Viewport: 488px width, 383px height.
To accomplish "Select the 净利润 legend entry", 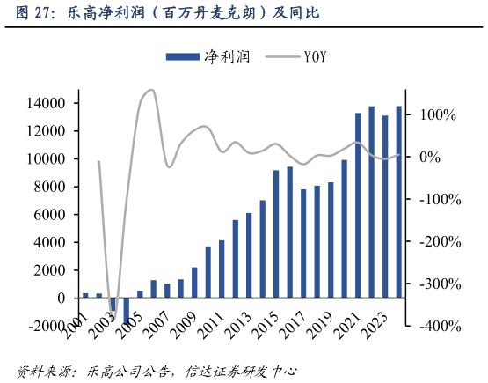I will pyautogui.click(x=208, y=57).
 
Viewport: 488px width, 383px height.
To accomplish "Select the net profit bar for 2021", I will pyautogui.click(x=358, y=205).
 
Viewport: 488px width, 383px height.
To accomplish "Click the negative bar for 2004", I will pyautogui.click(x=127, y=312).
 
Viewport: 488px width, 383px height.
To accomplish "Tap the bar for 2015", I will pyautogui.click(x=276, y=233).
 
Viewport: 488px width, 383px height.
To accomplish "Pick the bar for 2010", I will pyautogui.click(x=208, y=272).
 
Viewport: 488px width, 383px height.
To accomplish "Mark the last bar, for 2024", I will pyautogui.click(x=398, y=202).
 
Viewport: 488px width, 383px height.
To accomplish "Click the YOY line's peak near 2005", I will pyautogui.click(x=149, y=90).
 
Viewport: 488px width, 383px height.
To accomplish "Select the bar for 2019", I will pyautogui.click(x=331, y=239).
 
